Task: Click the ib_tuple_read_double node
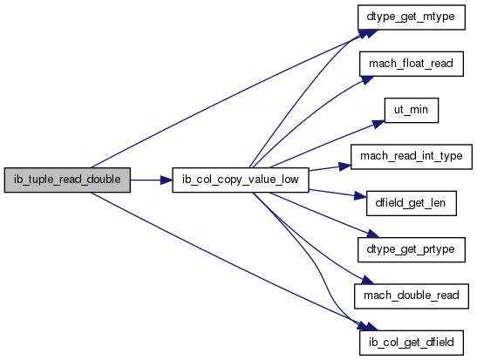pyautogui.click(x=67, y=180)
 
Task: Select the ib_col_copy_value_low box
pyautogui.click(x=241, y=180)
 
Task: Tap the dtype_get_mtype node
pyautogui.click(x=412, y=17)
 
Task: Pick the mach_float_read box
pyautogui.click(x=412, y=64)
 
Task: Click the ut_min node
pyautogui.click(x=412, y=111)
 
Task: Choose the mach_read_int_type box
pyautogui.click(x=412, y=157)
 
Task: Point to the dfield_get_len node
pyautogui.click(x=412, y=203)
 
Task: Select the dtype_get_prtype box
pyautogui.click(x=412, y=250)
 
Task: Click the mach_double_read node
pyautogui.click(x=412, y=296)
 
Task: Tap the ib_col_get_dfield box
pyautogui.click(x=412, y=343)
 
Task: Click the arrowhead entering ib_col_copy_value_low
pyautogui.click(x=166, y=180)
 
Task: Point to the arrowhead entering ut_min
pyautogui.click(x=378, y=124)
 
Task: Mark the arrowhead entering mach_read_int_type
pyautogui.click(x=345, y=166)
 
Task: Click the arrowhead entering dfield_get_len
pyautogui.click(x=360, y=196)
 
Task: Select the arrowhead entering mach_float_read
pyautogui.click(x=367, y=79)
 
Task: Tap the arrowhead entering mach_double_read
pyautogui.click(x=367, y=281)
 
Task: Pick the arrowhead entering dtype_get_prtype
pyautogui.click(x=373, y=234)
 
